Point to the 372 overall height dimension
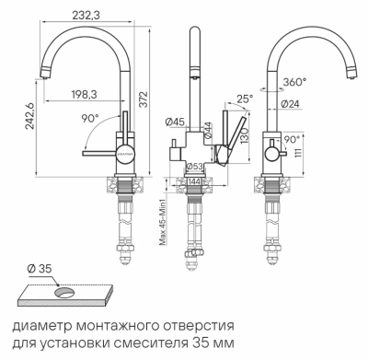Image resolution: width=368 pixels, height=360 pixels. (x=143, y=99)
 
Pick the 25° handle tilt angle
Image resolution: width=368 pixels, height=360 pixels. (x=244, y=99)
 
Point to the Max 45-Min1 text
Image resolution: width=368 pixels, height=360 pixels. (x=162, y=222)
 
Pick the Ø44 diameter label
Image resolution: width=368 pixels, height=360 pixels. (x=210, y=131)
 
